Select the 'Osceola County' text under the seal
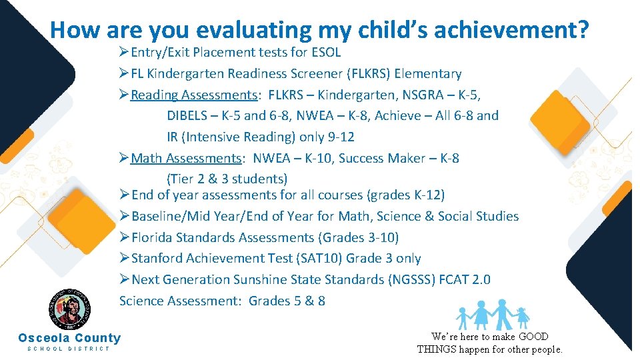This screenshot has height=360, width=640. tap(69, 338)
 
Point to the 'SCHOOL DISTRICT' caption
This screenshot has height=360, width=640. tap(69, 349)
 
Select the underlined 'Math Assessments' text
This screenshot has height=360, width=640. tap(186, 158)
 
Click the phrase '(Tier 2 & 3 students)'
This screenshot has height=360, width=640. tap(227, 179)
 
